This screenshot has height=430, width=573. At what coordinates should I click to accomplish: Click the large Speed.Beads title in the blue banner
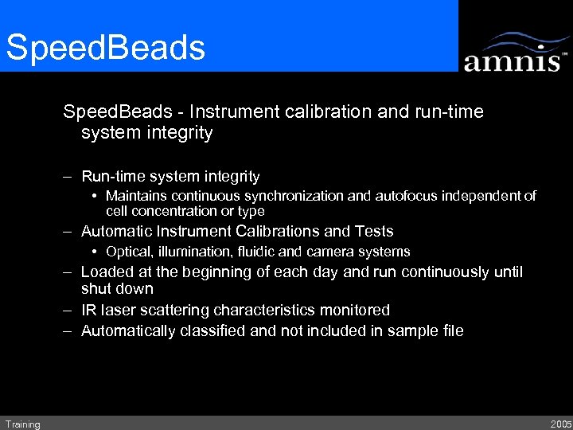point(106,47)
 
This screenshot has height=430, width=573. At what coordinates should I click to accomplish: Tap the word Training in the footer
point(22,424)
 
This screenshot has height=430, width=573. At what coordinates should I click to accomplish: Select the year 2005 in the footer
point(559,424)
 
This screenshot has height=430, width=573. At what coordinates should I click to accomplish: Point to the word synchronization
point(298,196)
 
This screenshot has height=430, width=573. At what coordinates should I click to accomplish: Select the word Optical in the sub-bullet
point(127,252)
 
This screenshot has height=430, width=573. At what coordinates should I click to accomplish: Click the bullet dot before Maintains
point(95,196)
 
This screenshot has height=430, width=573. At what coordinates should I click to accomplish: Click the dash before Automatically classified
point(70,330)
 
